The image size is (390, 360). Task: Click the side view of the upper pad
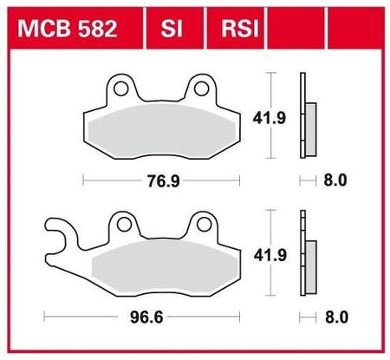pyautogui.click(x=305, y=117)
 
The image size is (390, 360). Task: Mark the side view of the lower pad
pyautogui.click(x=305, y=256)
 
